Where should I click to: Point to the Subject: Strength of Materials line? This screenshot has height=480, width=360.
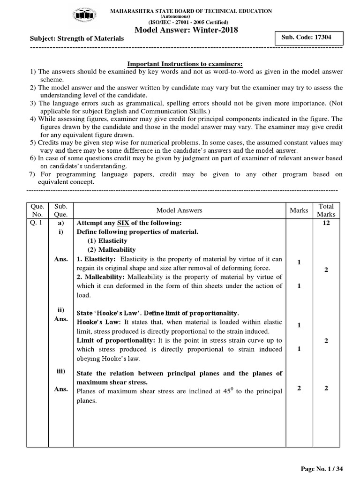click(x=77, y=38)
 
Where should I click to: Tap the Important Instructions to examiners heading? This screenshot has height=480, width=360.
click(x=186, y=64)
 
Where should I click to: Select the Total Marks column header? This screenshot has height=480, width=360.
click(x=326, y=210)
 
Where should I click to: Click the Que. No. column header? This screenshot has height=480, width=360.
click(x=37, y=210)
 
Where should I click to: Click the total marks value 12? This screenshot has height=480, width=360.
click(x=326, y=223)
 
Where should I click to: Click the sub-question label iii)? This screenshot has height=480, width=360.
click(x=61, y=372)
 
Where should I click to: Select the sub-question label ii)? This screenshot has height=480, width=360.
click(x=61, y=310)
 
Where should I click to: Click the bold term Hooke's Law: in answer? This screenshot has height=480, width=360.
click(x=96, y=322)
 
